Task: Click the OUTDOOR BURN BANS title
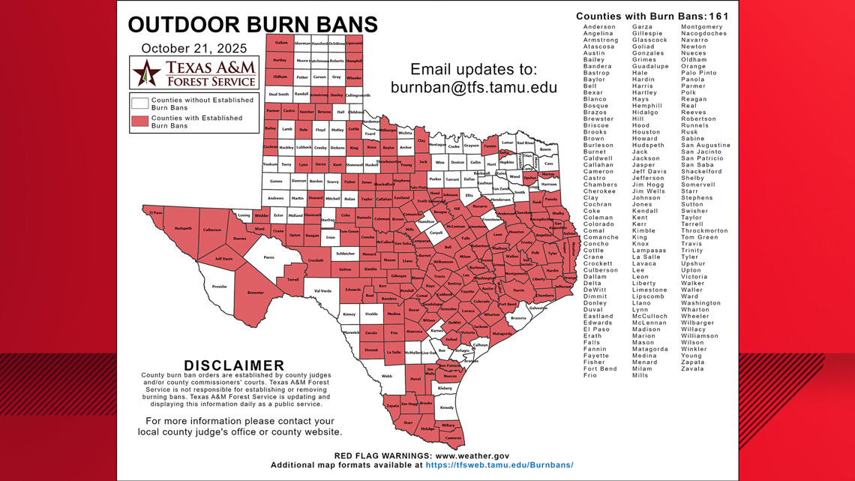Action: pyautogui.click(x=253, y=25)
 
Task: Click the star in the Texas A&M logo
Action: pyautogui.click(x=147, y=73)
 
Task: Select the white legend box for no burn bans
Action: pyautogui.click(x=139, y=104)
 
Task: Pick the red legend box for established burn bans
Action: pyautogui.click(x=139, y=122)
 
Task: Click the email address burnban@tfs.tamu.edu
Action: pyautogui.click(x=474, y=87)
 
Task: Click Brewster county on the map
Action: pyautogui.click(x=256, y=293)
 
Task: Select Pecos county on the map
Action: pyautogui.click(x=269, y=257)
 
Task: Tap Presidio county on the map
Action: pyautogui.click(x=219, y=286)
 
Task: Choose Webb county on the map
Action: pyautogui.click(x=387, y=375)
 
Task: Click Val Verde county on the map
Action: pyautogui.click(x=322, y=290)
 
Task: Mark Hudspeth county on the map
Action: pyautogui.click(x=183, y=227)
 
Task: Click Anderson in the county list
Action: pyautogui.click(x=599, y=27)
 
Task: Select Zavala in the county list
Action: pyautogui.click(x=692, y=368)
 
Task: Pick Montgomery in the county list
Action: pyautogui.click(x=702, y=27)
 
